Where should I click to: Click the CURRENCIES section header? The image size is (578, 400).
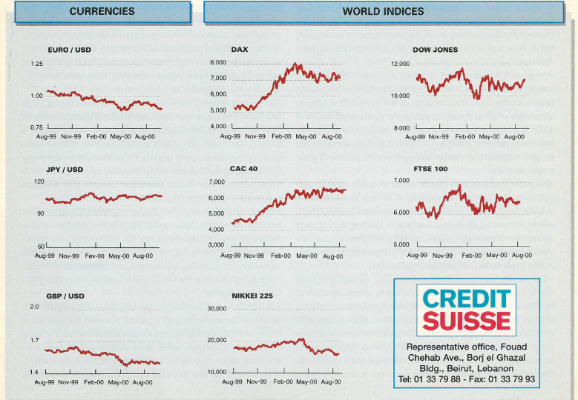point(102,12)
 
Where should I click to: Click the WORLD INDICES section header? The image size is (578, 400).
point(383,12)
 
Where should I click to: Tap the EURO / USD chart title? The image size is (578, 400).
point(68,50)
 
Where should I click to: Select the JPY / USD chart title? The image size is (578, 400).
point(65,170)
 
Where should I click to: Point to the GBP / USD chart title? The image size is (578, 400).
point(65,296)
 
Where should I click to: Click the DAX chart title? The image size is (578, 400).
point(240,50)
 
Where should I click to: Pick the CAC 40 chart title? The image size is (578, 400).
point(243,169)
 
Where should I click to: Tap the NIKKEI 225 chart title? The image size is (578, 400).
point(252,296)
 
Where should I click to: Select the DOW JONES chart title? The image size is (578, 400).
point(436,50)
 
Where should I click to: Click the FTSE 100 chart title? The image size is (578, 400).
point(430,169)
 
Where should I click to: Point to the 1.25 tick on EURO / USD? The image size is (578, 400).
point(36,64)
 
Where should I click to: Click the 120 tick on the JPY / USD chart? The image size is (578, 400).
point(39,181)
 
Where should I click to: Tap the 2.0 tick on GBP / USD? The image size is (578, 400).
point(35,307)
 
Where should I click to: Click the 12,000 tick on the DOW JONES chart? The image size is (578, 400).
point(400,64)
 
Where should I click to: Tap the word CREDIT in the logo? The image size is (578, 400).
point(466,299)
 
